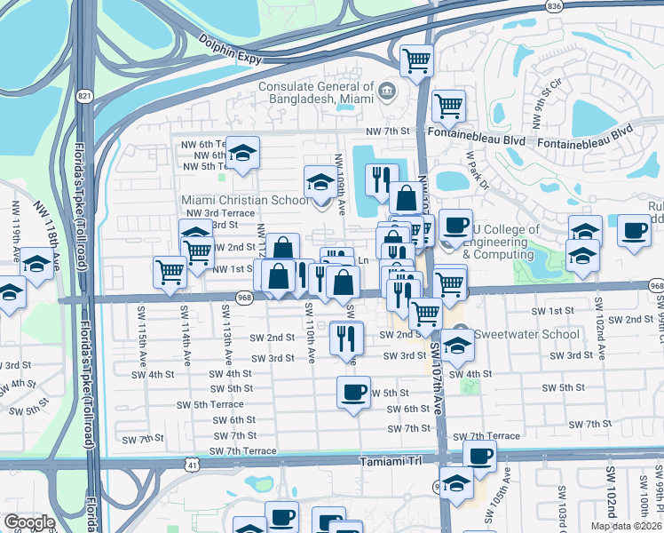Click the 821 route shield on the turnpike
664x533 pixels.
[x=84, y=96]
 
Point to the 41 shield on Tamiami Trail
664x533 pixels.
[x=193, y=464]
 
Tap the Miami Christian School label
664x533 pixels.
[x=245, y=200]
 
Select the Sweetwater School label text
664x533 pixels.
[x=527, y=335]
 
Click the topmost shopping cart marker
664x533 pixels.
[x=416, y=60]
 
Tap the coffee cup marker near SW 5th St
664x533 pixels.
[x=353, y=391]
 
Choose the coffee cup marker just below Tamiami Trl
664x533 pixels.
[x=480, y=457]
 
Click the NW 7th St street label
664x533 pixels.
[x=389, y=131]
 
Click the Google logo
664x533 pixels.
[x=29, y=522]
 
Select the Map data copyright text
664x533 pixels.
[x=625, y=526]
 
